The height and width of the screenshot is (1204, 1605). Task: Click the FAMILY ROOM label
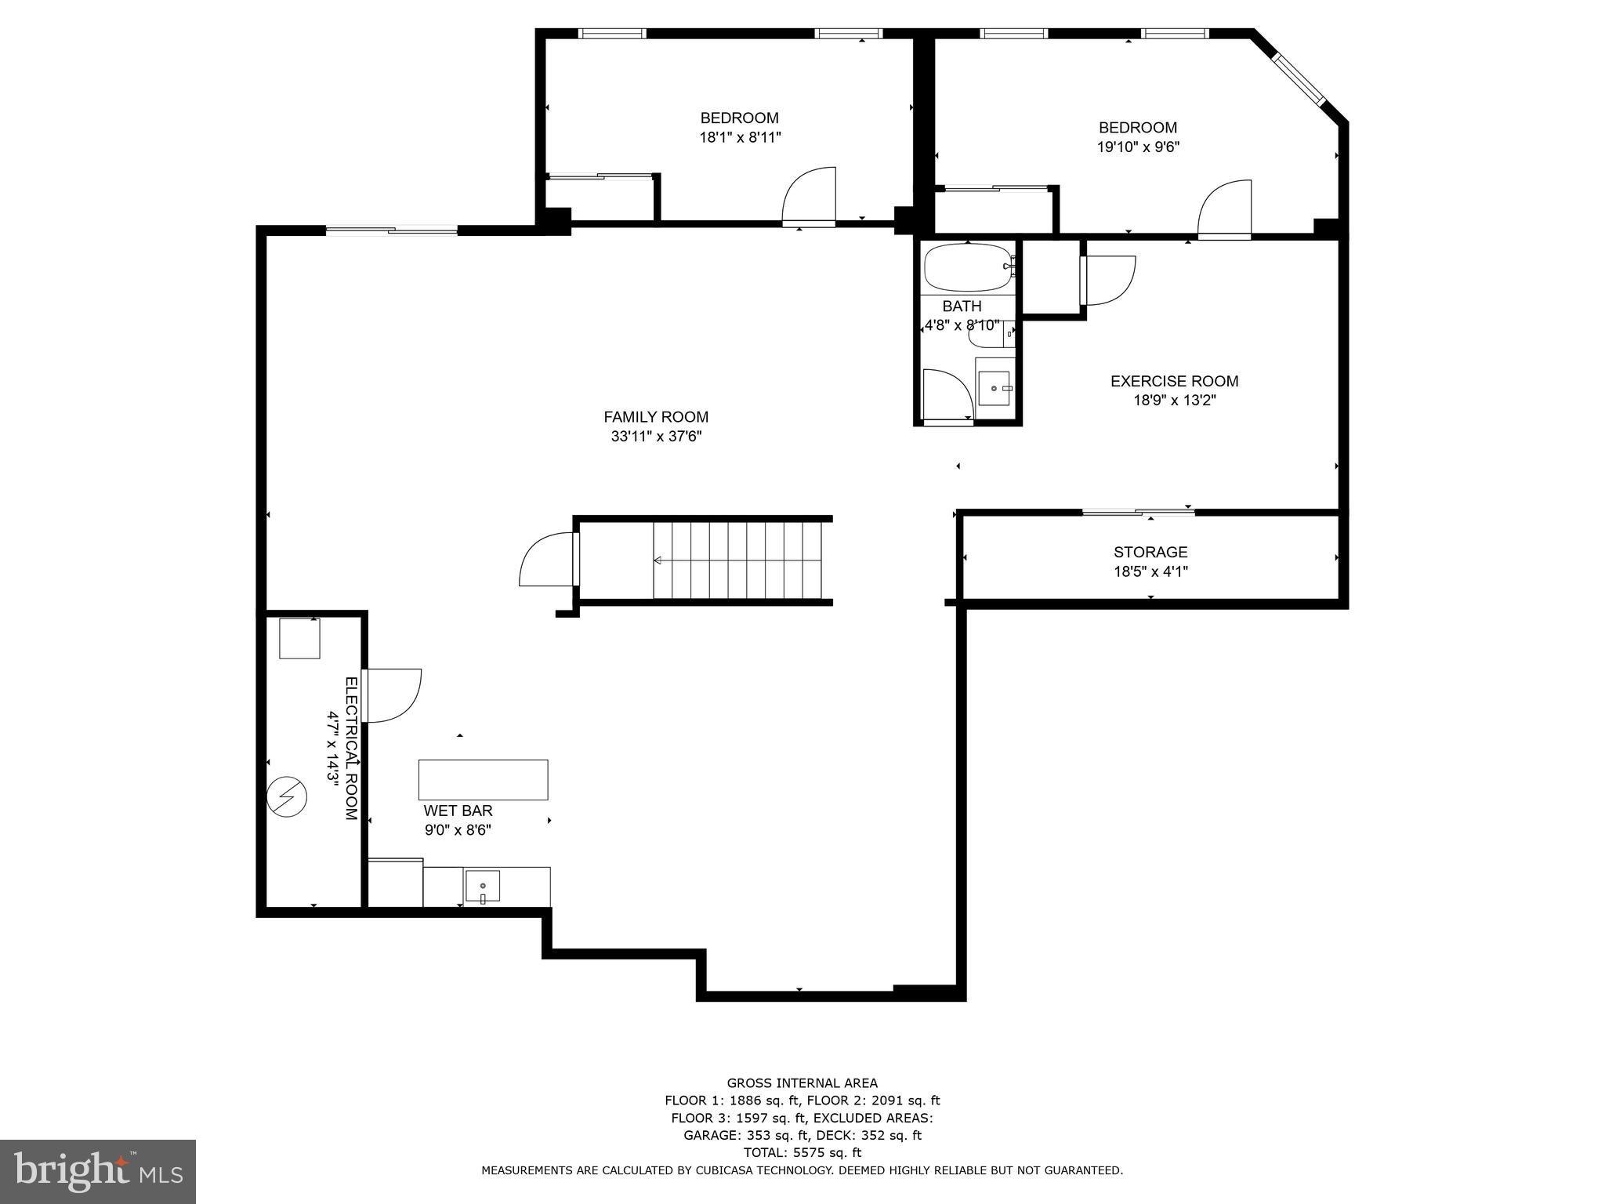656,417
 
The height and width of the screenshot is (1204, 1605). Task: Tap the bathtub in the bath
969,268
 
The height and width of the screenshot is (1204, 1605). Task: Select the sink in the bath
995,387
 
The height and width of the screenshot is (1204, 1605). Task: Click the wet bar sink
482,886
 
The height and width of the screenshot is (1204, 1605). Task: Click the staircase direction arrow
658,560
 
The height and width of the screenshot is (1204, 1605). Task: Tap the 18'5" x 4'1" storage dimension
1150,571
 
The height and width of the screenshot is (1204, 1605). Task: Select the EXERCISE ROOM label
1174,381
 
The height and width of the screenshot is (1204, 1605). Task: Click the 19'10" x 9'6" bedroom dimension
1138,147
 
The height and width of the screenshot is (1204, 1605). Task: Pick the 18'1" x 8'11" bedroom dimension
740,137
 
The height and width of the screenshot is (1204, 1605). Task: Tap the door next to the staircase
547,558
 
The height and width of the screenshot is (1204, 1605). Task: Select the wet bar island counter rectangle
483,779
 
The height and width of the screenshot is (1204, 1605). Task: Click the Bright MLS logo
98,1171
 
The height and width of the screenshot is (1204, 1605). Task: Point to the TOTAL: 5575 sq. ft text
802,1152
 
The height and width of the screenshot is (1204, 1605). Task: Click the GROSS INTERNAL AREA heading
802,1083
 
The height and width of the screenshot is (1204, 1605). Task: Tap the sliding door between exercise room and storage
1138,513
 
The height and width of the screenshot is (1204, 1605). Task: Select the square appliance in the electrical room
299,638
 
